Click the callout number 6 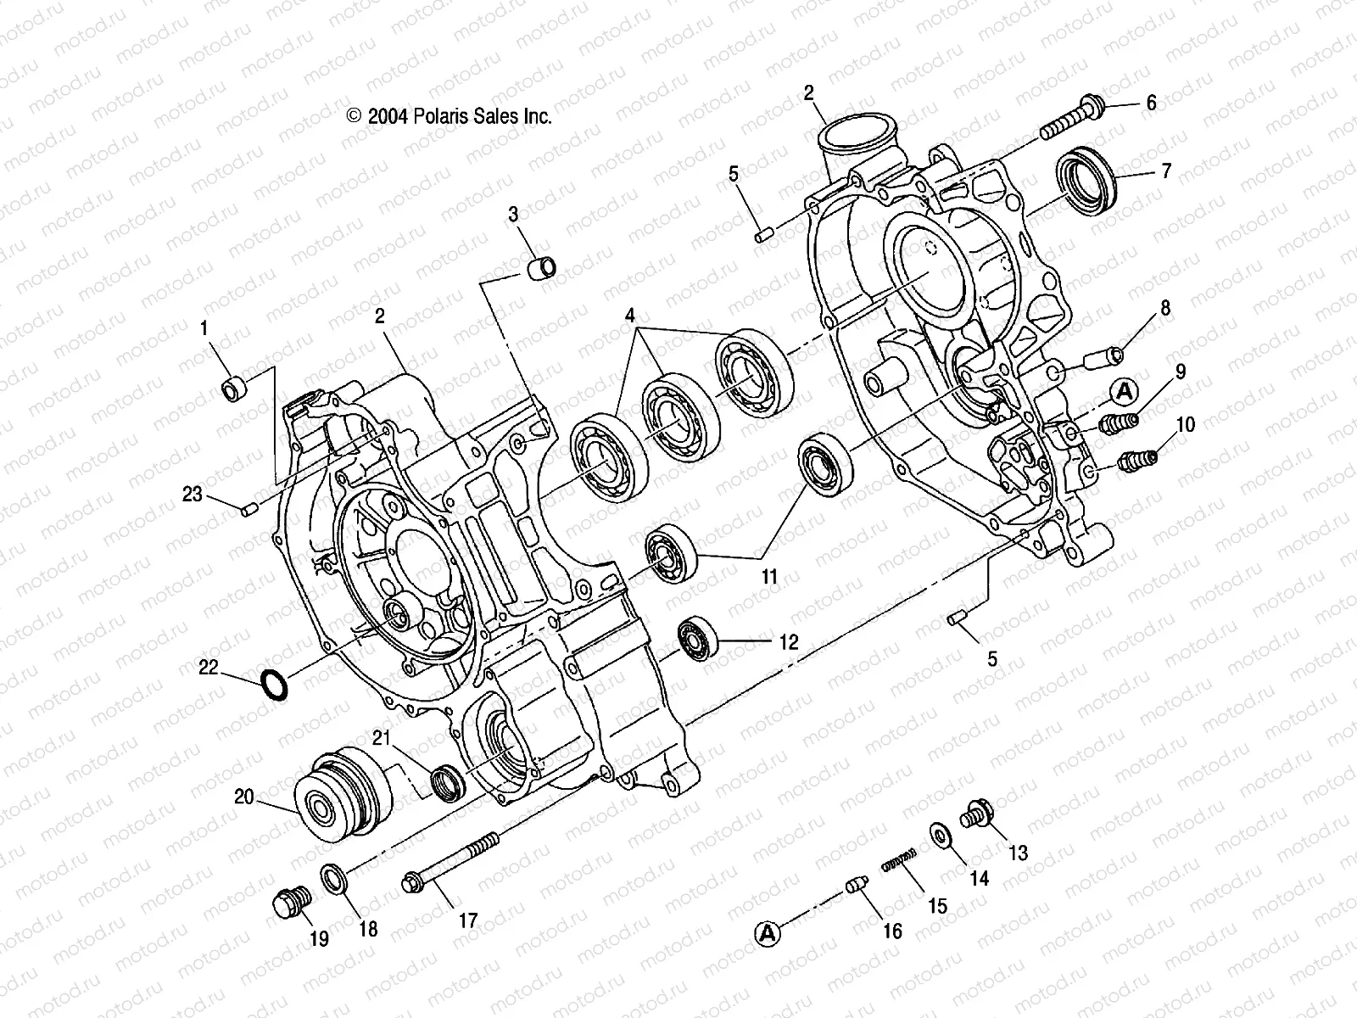tap(1151, 103)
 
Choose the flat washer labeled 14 tap(941, 835)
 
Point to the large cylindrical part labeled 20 tap(343, 792)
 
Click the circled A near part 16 tap(767, 932)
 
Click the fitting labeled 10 tap(1135, 461)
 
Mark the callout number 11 tap(768, 578)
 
